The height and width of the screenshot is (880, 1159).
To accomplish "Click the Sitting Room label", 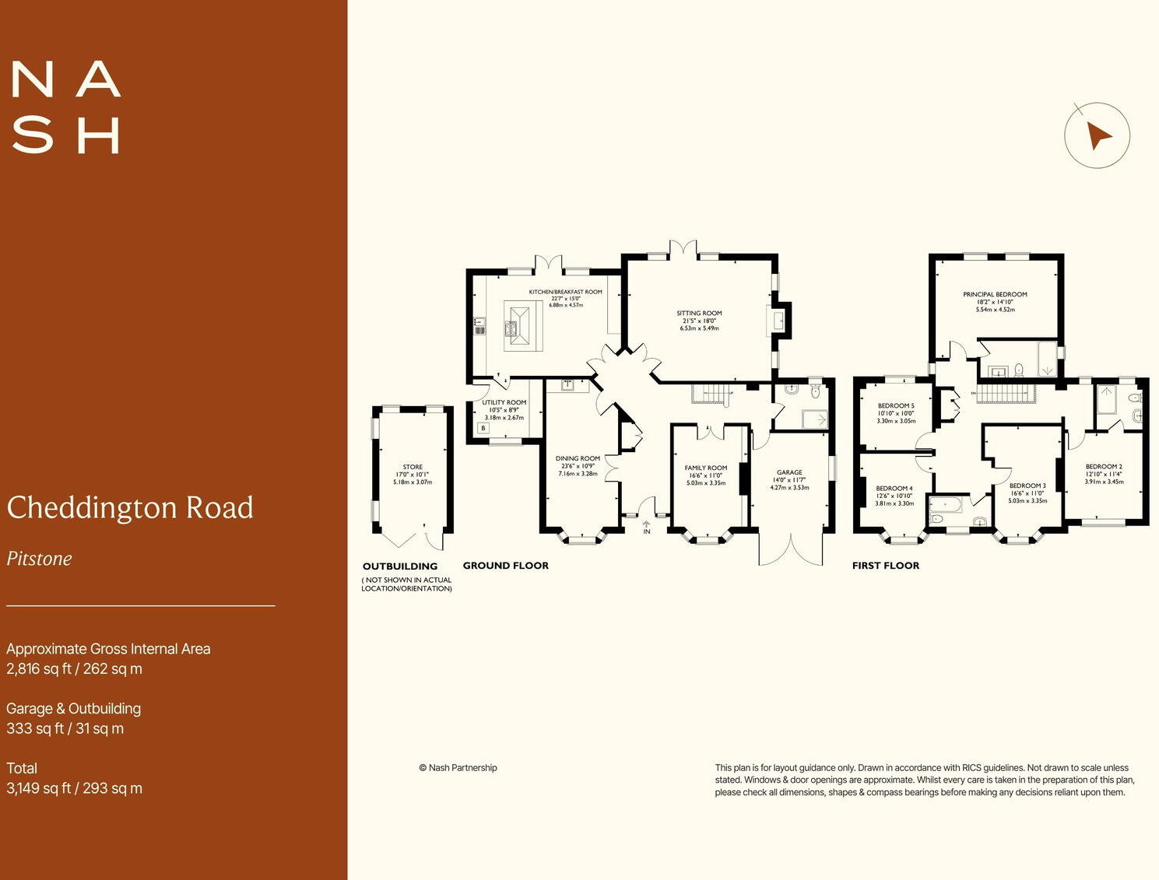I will [699, 314].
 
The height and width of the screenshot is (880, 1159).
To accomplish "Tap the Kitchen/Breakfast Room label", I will [565, 292].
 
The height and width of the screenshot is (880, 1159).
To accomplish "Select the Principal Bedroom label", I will [995, 295].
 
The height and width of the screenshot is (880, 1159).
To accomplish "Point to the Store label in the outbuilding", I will [413, 467].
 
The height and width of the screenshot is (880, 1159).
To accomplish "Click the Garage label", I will [789, 472].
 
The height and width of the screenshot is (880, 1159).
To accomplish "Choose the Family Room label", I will [706, 468].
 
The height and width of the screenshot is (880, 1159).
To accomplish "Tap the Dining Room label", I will [578, 459].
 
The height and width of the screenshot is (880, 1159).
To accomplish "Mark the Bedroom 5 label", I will [896, 406].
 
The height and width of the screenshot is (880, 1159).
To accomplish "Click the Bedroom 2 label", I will [1104, 467].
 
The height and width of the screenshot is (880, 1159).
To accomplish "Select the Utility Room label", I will [504, 403].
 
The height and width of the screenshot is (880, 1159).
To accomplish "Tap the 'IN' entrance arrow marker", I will [646, 527].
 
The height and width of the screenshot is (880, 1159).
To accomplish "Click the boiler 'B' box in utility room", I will [483, 428].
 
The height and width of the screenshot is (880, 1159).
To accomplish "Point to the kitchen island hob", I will [513, 331].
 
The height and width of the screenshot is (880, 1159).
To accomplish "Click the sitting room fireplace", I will [778, 319].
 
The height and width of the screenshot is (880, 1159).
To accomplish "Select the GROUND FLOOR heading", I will [505, 566].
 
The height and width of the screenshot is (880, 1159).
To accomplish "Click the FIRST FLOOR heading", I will [885, 566].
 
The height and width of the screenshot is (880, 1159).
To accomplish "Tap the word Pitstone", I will [40, 559].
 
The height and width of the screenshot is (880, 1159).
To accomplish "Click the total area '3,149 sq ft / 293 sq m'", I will [75, 788].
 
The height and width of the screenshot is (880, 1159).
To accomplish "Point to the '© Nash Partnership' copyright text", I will [458, 768].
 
